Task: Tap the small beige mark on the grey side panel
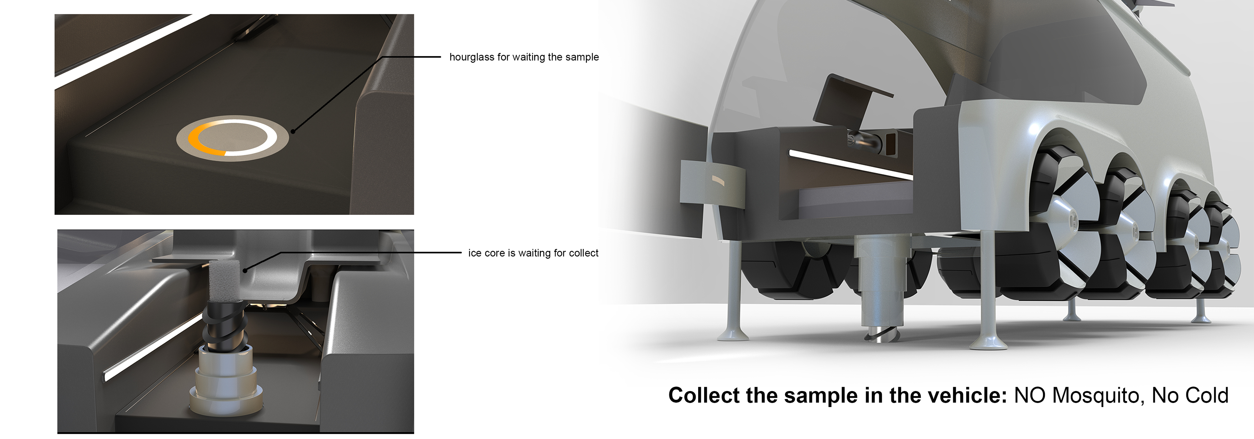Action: [718, 181]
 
